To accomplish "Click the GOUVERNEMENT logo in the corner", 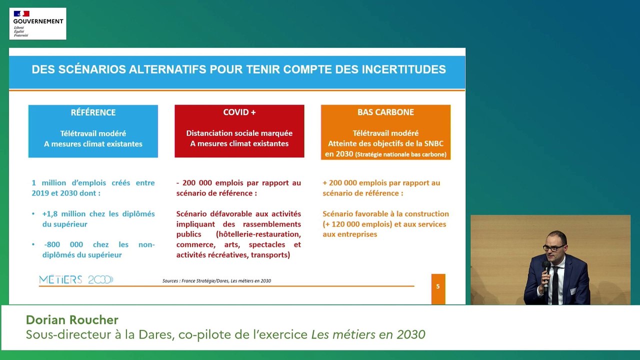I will (37, 23).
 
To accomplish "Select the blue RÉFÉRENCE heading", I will (93, 112).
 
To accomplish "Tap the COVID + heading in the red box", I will (239, 112).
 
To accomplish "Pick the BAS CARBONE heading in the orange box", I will (385, 112).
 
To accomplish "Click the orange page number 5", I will (438, 286).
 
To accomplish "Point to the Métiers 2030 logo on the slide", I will (76, 280).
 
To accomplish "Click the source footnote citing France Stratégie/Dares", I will (216, 281).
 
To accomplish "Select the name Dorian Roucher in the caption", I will (72, 320).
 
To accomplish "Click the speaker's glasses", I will (551, 248).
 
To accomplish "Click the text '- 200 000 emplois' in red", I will (208, 183).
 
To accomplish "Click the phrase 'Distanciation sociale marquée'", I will (239, 133).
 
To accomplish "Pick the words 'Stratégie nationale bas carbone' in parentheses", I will (400, 154).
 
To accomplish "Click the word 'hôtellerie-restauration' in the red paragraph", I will (258, 234).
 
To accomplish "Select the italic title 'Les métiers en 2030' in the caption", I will (368, 334).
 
